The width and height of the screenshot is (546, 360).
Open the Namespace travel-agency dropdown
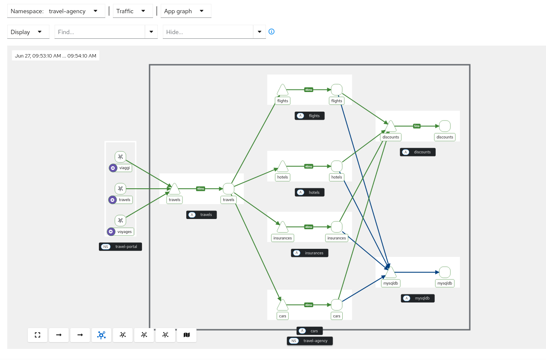point(56,11)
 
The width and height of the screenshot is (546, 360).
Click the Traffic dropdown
point(132,11)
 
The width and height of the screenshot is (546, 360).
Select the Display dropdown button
point(28,32)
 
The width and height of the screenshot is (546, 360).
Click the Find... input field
point(100,32)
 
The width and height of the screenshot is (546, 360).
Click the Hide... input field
point(208,32)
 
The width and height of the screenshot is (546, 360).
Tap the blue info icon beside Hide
point(272,32)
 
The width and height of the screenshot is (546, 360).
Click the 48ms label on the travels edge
point(201,188)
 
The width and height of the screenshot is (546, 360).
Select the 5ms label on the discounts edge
point(417,126)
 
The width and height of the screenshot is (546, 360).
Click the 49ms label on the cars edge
point(309,305)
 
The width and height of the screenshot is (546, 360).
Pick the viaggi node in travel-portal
point(121,157)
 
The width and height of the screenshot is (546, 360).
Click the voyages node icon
point(121,220)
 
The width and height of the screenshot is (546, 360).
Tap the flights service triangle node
point(283,90)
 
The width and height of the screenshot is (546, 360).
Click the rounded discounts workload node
point(445,126)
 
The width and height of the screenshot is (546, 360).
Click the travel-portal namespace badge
point(121,247)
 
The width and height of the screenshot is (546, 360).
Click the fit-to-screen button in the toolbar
point(38,335)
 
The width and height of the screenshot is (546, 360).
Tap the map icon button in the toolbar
point(186,335)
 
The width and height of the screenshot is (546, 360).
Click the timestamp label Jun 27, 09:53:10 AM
point(55,55)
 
